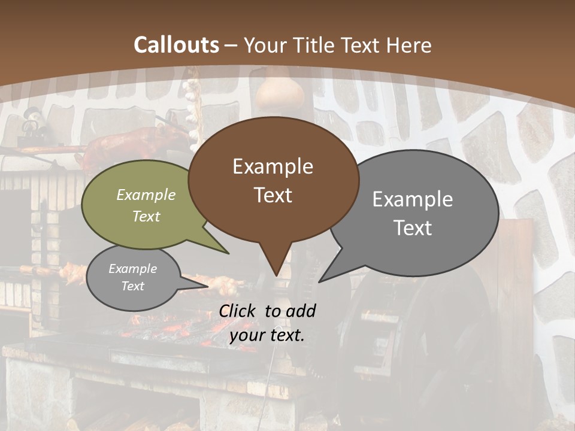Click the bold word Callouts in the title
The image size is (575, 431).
pyautogui.click(x=176, y=45)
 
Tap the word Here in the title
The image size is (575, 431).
pyautogui.click(x=410, y=45)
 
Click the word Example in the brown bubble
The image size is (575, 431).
pyautogui.click(x=273, y=166)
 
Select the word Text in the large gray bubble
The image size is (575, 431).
pyautogui.click(x=413, y=228)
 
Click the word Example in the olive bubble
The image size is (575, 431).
pyautogui.click(x=146, y=195)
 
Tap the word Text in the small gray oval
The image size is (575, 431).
pyautogui.click(x=133, y=286)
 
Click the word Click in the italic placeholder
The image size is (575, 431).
pyautogui.click(x=239, y=311)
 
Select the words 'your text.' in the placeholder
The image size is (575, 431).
pyautogui.click(x=267, y=336)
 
